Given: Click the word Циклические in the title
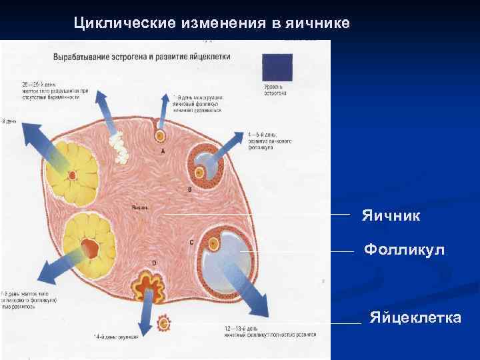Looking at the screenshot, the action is [124, 23].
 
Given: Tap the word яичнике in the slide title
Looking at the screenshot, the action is [317, 23].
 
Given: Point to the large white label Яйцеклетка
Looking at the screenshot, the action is [415, 317].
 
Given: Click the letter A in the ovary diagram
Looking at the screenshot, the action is [163, 152].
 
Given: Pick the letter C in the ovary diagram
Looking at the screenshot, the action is [191, 242].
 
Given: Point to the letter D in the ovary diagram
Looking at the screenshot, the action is [154, 264].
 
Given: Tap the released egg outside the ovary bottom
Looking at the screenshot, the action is [163, 324].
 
